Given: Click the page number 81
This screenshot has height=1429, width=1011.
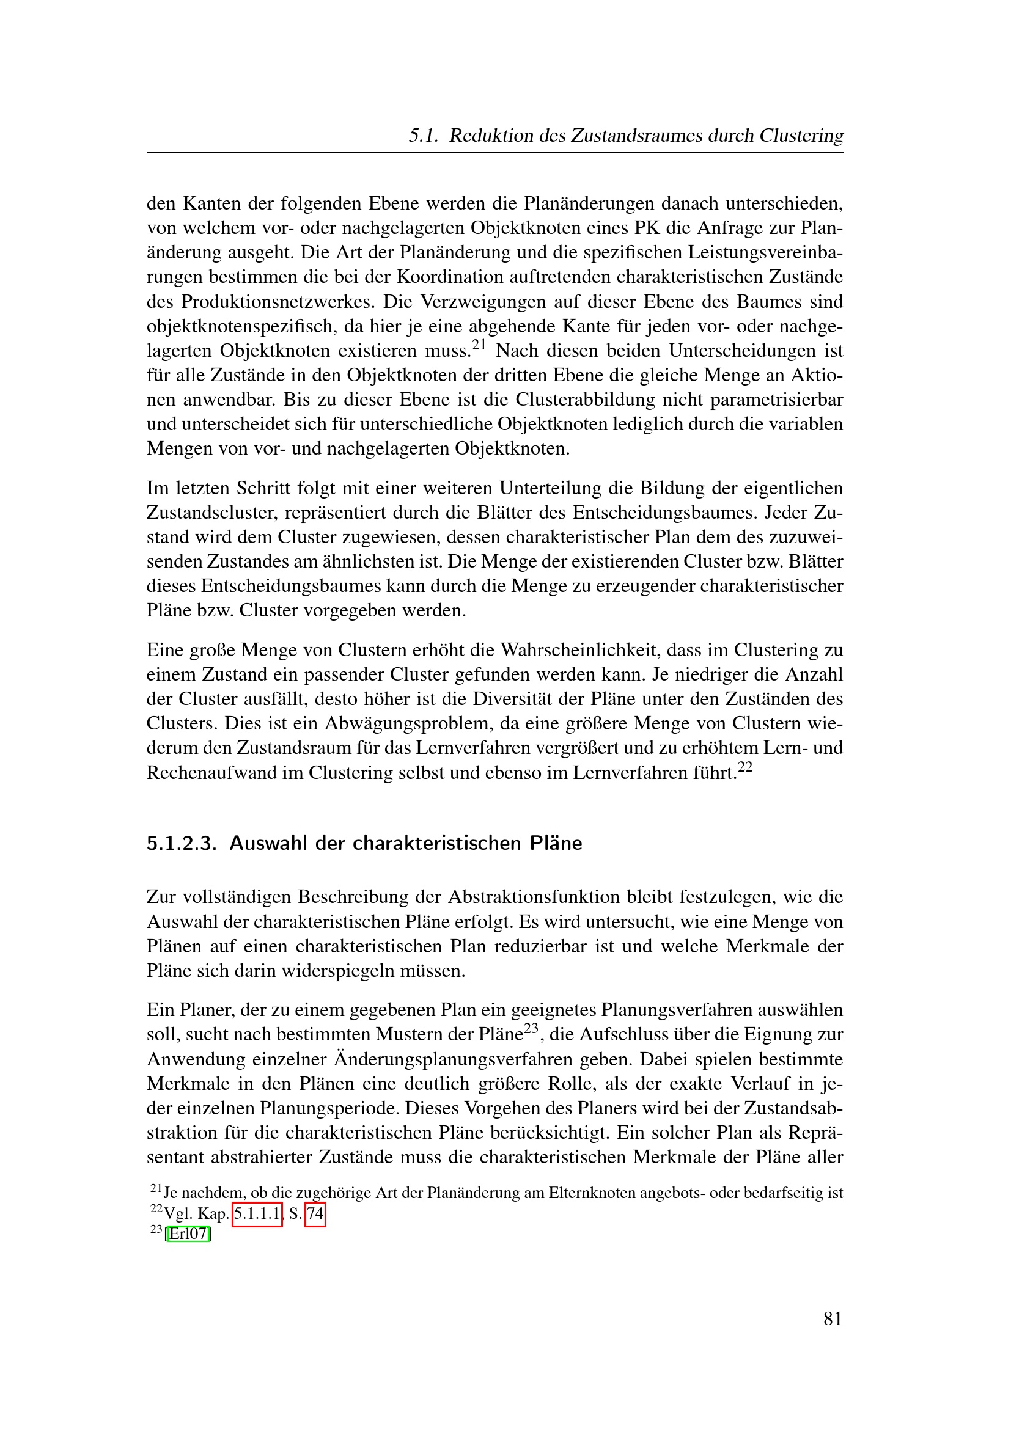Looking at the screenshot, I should click(x=833, y=1318).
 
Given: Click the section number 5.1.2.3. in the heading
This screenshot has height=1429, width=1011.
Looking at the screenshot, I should click(x=181, y=843).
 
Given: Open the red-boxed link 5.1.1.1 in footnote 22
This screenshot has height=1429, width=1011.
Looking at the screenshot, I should click(x=257, y=1214).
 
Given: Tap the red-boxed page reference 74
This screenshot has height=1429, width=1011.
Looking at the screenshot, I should click(x=315, y=1214).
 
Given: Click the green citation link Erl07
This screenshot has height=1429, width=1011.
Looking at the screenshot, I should click(x=188, y=1233).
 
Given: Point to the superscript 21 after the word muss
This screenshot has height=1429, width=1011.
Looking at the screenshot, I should click(x=478, y=344).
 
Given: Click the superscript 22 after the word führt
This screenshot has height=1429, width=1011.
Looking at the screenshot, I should click(x=745, y=766).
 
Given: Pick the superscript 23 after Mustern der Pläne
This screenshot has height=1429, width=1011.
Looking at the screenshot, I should click(x=531, y=1028).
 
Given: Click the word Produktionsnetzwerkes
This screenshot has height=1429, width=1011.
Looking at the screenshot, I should click(x=279, y=302).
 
